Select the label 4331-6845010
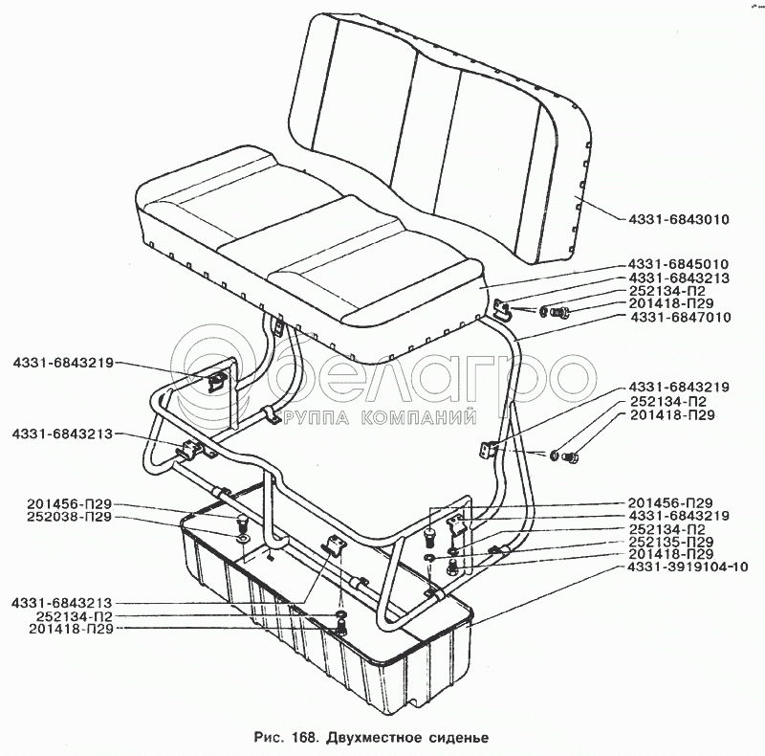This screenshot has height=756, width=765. [678, 264]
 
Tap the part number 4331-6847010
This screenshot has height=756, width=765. [680, 318]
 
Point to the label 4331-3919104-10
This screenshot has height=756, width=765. [688, 567]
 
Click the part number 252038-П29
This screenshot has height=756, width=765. [70, 517]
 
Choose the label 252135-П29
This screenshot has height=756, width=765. [671, 542]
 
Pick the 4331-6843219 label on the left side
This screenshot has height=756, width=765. [63, 363]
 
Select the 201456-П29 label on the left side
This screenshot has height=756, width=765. [70, 504]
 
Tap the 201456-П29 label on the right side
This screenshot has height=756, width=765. [670, 503]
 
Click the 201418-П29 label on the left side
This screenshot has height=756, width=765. [71, 629]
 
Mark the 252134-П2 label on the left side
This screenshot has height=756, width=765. [75, 616]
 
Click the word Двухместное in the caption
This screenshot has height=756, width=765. [374, 737]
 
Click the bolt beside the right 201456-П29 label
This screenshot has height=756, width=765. [429, 537]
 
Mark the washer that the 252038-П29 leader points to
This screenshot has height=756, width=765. [243, 538]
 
